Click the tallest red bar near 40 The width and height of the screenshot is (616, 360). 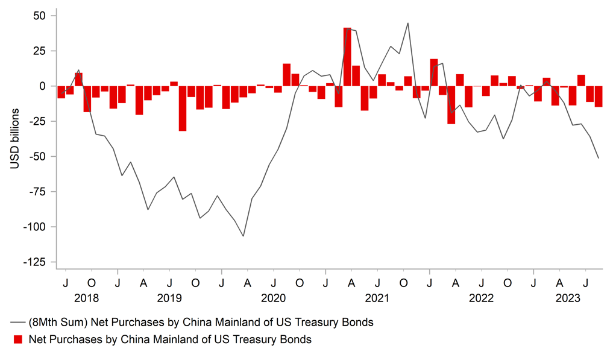(x=347, y=57)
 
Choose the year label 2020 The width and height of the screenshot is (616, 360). (x=274, y=297)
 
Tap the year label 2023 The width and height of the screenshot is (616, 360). (x=568, y=297)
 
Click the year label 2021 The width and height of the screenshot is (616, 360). (x=378, y=297)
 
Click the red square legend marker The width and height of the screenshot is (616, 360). (x=18, y=339)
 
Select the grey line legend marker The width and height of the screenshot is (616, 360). (x=18, y=323)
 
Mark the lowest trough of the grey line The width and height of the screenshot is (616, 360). (x=244, y=236)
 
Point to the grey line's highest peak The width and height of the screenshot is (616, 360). (x=408, y=24)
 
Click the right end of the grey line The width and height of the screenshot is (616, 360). (x=599, y=159)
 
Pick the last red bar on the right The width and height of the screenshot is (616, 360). (x=599, y=96)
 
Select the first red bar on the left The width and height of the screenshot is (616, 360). (x=61, y=92)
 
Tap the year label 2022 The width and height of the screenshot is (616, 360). (x=481, y=297)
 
